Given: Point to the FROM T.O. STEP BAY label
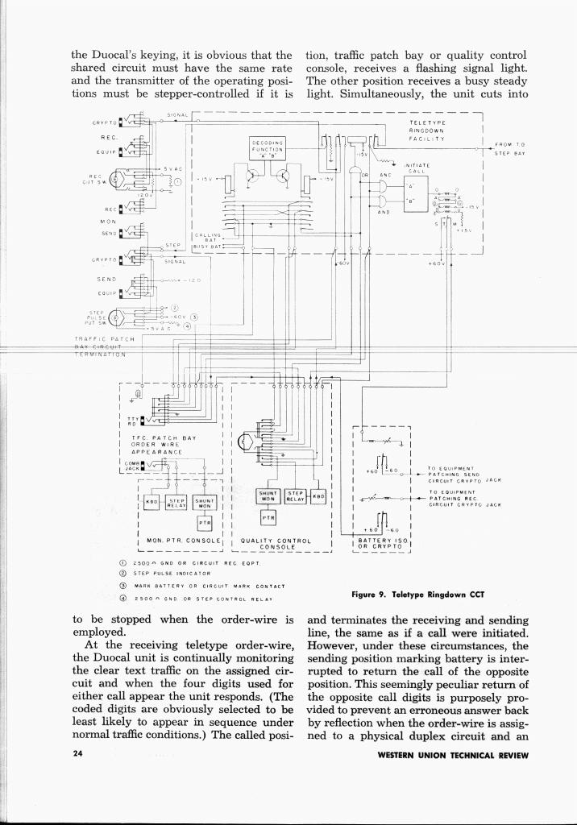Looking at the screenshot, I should point(509,147).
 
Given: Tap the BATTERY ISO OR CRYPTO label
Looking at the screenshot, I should point(381,543).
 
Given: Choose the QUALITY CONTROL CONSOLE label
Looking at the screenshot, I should point(276,544).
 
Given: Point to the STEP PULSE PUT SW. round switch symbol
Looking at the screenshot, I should point(118,316).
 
